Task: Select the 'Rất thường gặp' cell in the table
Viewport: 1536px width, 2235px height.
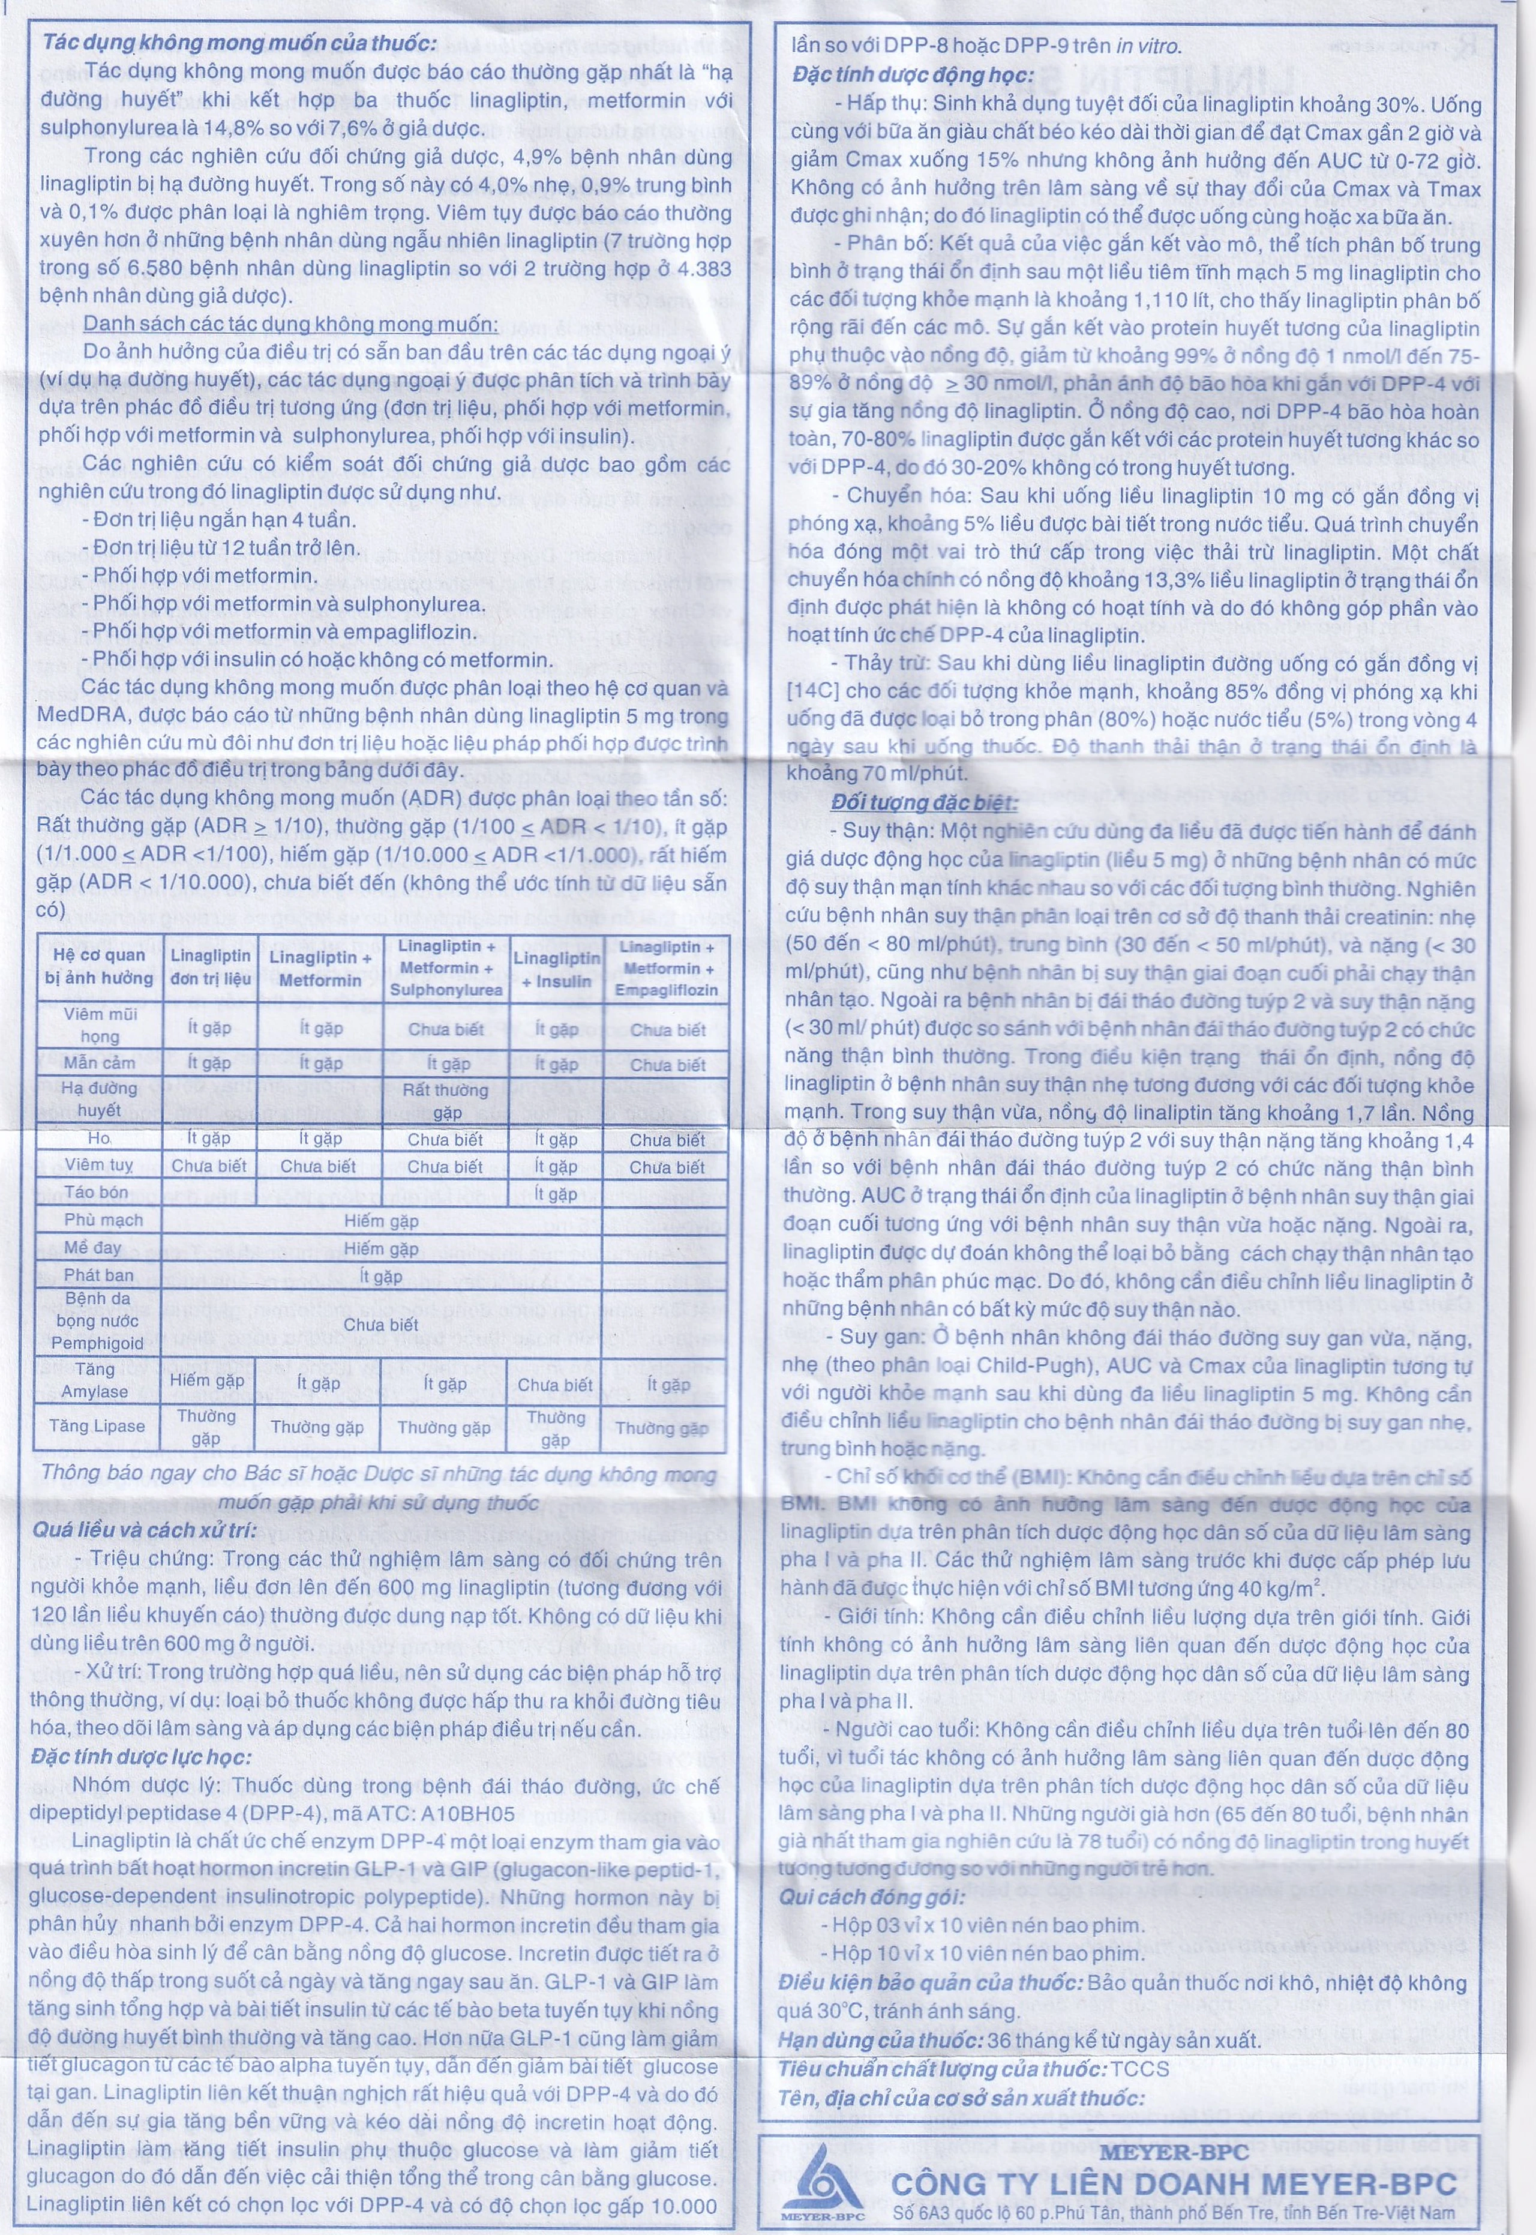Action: [446, 1100]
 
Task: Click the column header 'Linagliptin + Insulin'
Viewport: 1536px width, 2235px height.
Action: [556, 968]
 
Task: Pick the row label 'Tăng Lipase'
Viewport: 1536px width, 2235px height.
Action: [97, 1425]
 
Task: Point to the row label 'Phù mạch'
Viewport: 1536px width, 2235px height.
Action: [103, 1220]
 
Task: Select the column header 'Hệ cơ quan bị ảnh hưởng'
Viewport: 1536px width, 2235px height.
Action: [98, 966]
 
